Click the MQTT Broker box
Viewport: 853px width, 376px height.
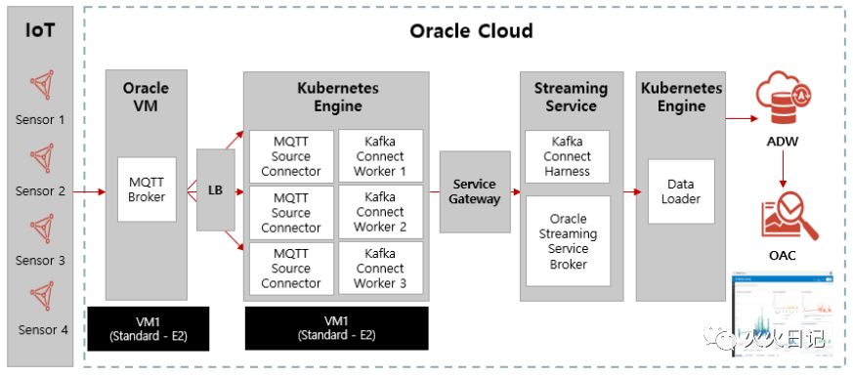pyautogui.click(x=147, y=189)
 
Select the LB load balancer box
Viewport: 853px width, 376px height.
pyautogui.click(x=215, y=190)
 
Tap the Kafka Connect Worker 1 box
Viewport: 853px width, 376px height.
pyautogui.click(x=380, y=156)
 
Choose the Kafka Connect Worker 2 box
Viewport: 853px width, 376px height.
pyautogui.click(x=380, y=212)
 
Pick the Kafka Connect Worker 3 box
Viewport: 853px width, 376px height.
pyautogui.click(x=380, y=268)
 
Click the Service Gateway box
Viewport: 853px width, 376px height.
pyautogui.click(x=475, y=191)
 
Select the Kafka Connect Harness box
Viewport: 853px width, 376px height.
pyautogui.click(x=568, y=156)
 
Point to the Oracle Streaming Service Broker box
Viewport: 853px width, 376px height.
pyautogui.click(x=568, y=241)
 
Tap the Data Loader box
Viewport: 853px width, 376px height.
pyautogui.click(x=681, y=191)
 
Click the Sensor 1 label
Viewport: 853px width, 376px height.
pyautogui.click(x=40, y=119)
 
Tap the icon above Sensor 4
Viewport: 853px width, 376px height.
pyautogui.click(x=41, y=296)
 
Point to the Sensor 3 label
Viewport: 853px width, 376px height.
pyautogui.click(x=40, y=260)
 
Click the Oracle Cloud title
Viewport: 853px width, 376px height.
pyautogui.click(x=471, y=31)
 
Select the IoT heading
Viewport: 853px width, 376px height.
pyautogui.click(x=40, y=30)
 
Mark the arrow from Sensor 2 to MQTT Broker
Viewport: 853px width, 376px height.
pyautogui.click(x=89, y=191)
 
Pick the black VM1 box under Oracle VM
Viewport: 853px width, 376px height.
pyautogui.click(x=148, y=329)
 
